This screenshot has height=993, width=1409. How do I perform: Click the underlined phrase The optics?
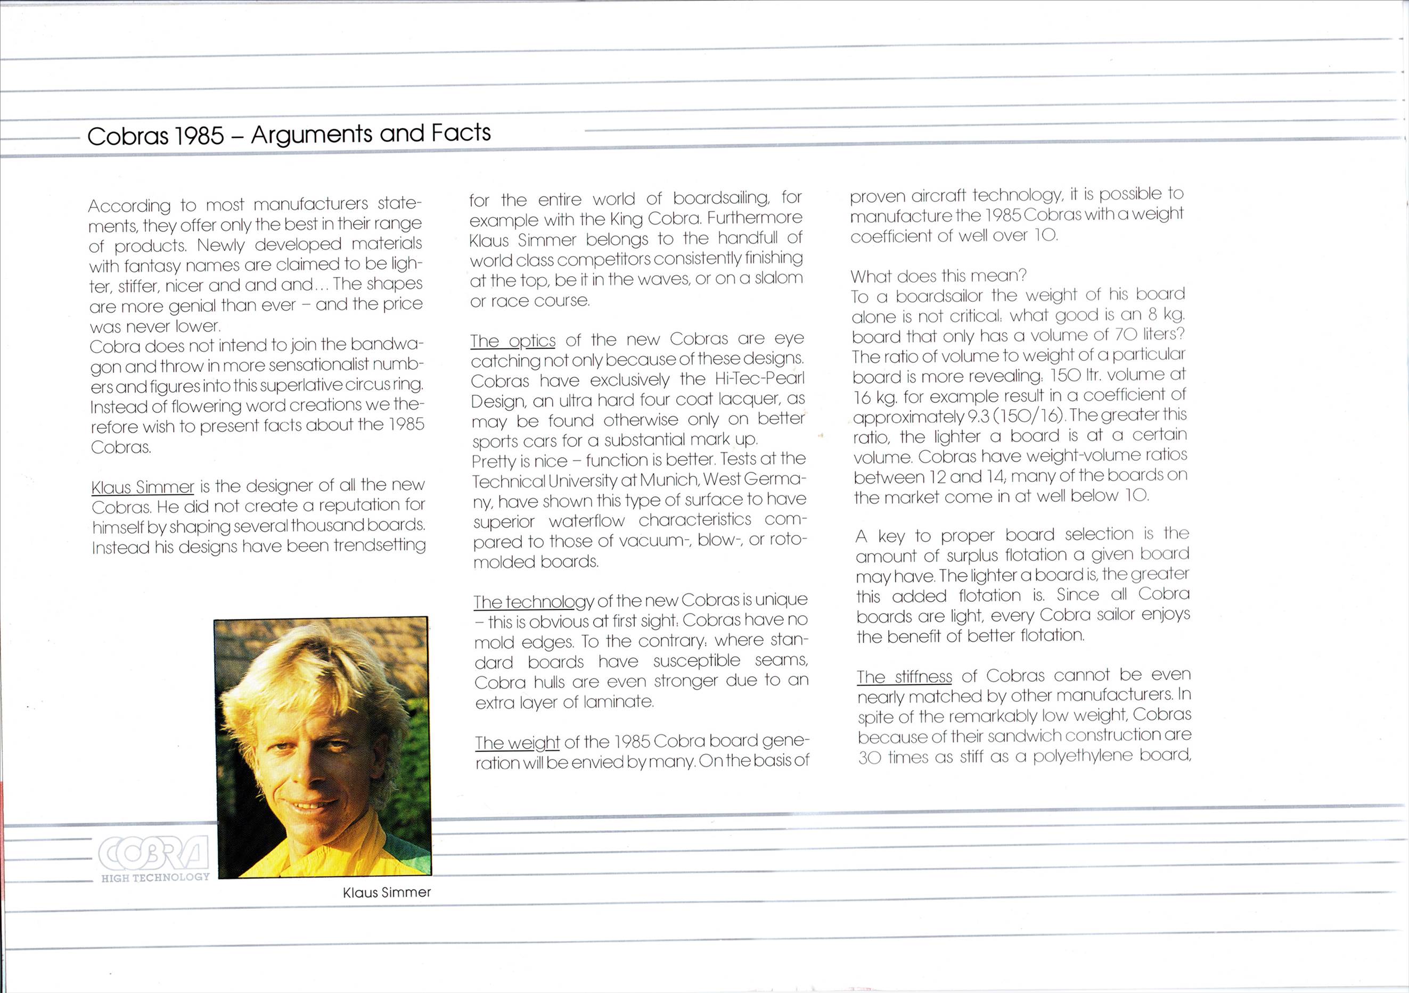(512, 341)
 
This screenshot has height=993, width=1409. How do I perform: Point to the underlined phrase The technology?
(533, 602)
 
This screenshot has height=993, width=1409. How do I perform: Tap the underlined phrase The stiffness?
(904, 676)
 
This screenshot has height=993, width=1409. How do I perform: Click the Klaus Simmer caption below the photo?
(387, 892)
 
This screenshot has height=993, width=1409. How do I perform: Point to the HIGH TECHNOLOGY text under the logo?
(155, 878)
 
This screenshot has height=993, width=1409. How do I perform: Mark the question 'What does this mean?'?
(938, 276)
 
